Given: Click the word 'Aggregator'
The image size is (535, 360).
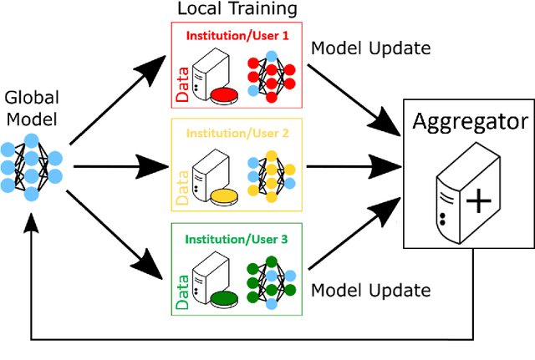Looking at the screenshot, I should (470, 124).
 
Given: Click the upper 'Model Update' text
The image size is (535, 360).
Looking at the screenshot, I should (370, 48).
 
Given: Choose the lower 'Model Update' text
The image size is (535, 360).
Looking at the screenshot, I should (370, 291).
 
